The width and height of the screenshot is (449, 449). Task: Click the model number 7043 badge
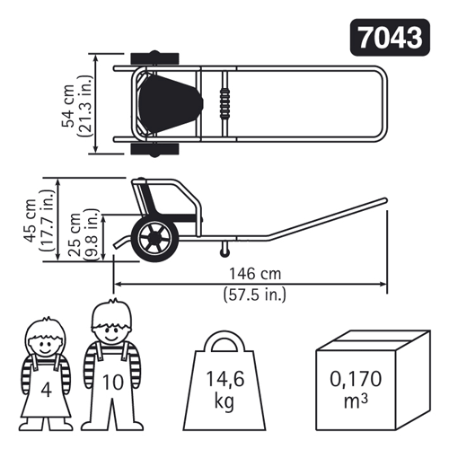pyautogui.click(x=390, y=38)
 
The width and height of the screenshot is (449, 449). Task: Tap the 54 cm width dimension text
pyautogui.click(x=68, y=106)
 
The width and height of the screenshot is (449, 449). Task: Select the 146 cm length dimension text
pyautogui.click(x=255, y=274)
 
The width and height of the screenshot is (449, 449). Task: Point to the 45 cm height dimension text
pyautogui.click(x=30, y=220)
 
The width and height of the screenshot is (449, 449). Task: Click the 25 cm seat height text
pyautogui.click(x=75, y=234)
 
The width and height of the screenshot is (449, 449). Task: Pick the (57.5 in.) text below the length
pyautogui.click(x=255, y=295)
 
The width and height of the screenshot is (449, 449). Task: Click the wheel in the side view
pyautogui.click(x=155, y=239)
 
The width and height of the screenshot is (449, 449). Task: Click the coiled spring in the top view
pyautogui.click(x=224, y=103)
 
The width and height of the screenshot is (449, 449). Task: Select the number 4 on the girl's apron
pyautogui.click(x=46, y=391)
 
